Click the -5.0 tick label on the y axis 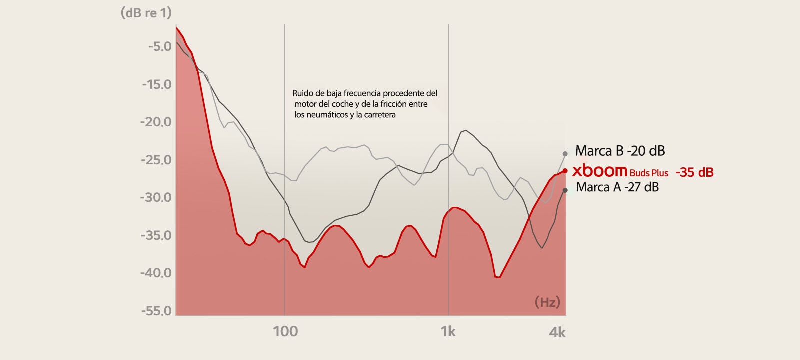[160, 47]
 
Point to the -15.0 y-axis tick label [157, 84]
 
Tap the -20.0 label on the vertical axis [156, 122]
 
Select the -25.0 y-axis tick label [156, 160]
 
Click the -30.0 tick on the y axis [156, 197]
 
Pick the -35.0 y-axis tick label [156, 235]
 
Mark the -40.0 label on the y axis [156, 273]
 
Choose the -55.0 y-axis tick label [156, 311]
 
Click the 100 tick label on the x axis [285, 331]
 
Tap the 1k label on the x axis [448, 331]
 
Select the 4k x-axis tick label [557, 332]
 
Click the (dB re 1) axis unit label [146, 13]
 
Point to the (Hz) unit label [547, 302]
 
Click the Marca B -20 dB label [620, 151]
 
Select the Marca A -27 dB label [617, 187]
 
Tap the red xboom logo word [599, 171]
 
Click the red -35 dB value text [694, 172]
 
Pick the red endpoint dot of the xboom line [565, 171]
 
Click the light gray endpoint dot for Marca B [565, 154]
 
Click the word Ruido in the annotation [303, 93]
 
